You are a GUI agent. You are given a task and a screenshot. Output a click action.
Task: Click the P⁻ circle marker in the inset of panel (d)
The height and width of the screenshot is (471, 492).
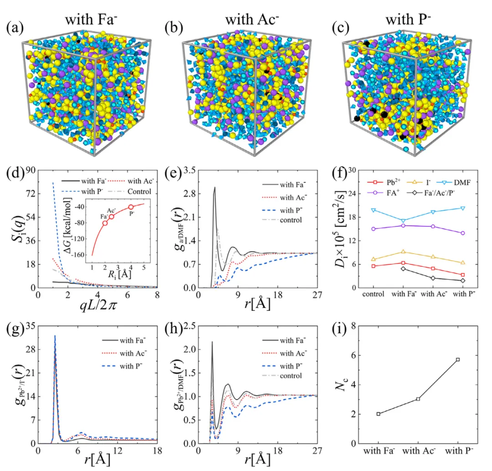coord(131,207)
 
